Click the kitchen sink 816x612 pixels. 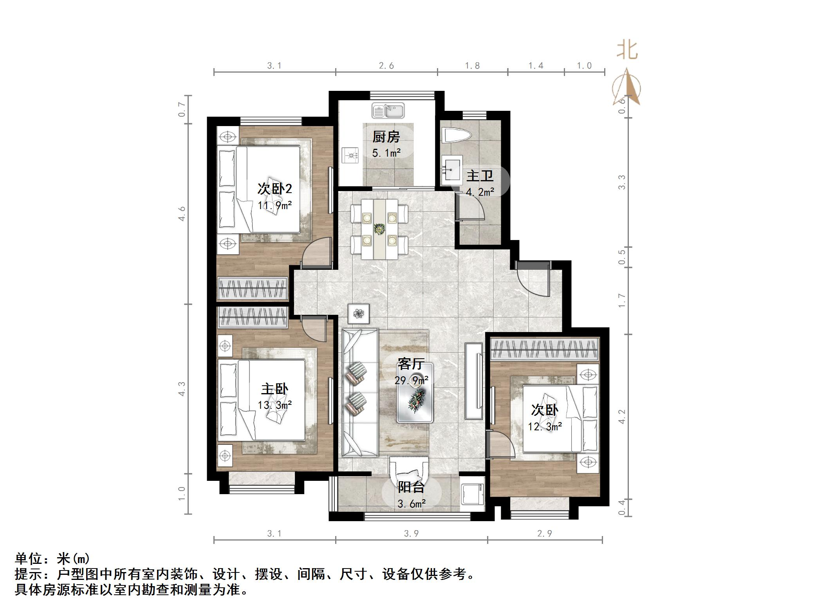tap(388, 111)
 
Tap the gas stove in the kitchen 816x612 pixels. tap(351, 155)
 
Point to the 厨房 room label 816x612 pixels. tap(386, 137)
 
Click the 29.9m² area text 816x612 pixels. tap(411, 380)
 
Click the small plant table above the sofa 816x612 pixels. tap(358, 314)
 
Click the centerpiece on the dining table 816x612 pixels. tap(379, 229)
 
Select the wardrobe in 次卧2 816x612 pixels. tap(253, 289)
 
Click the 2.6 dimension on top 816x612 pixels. tap(386, 66)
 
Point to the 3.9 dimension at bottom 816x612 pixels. tap(411, 533)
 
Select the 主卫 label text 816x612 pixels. tap(480, 176)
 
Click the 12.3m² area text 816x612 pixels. tap(545, 426)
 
